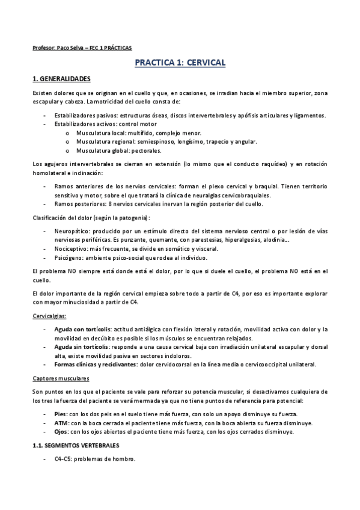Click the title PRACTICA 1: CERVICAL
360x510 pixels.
point(180,63)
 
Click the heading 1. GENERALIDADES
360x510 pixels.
point(61,79)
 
